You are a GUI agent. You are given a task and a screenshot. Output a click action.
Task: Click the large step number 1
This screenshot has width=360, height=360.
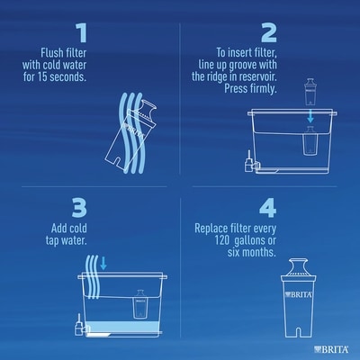click(82, 33)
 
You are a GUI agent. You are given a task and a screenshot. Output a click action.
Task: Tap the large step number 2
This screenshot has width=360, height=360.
click(269, 33)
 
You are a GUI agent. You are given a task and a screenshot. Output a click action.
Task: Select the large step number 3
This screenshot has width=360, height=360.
click(79, 208)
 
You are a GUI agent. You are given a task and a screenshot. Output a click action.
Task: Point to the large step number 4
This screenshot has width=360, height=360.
click(267, 208)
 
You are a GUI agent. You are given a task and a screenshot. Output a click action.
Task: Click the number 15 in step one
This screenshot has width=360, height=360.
click(42, 76)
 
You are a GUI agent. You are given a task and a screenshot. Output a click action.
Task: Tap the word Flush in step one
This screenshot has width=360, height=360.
click(51, 53)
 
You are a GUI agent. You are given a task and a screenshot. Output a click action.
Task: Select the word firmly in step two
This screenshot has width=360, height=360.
click(263, 89)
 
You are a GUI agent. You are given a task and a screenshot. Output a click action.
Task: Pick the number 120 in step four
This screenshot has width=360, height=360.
click(222, 240)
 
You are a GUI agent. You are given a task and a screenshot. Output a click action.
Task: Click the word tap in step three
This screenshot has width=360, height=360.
click(53, 240)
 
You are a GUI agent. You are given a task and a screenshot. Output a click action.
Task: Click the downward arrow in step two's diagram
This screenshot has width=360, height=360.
click(310, 116)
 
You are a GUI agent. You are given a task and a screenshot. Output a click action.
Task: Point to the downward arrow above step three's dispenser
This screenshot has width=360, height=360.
click(103, 263)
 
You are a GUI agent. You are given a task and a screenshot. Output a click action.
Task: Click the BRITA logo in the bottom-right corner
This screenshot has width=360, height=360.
click(331, 349)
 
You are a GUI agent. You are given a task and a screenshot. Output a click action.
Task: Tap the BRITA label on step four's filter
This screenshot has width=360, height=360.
click(299, 294)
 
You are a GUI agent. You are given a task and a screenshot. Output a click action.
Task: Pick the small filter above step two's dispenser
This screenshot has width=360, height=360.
click(310, 92)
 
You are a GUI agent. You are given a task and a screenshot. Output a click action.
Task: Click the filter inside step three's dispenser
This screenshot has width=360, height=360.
click(139, 304)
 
